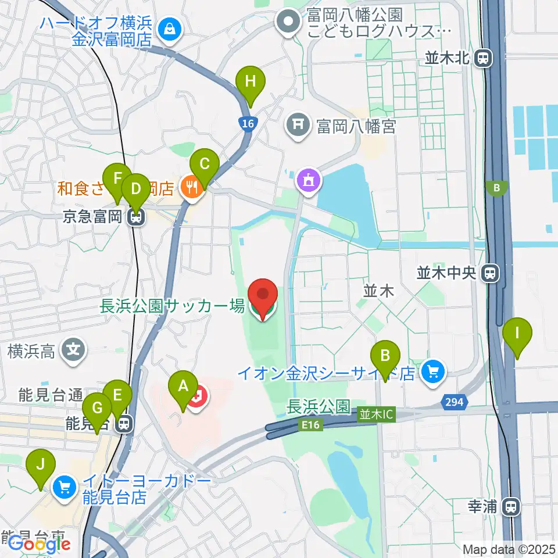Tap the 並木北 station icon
click(x=482, y=58)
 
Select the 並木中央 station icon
click(x=492, y=273)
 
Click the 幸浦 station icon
click(x=512, y=506)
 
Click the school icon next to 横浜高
click(x=75, y=350)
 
